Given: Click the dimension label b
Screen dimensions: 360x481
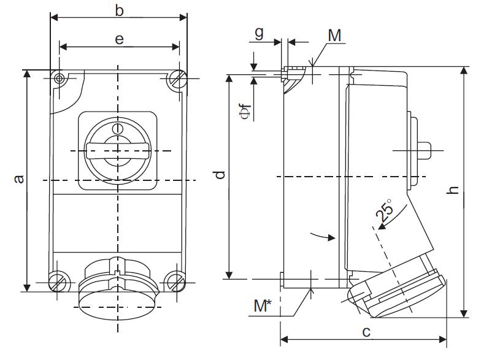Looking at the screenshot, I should (120, 10).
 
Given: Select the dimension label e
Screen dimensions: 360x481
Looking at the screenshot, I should (120, 39).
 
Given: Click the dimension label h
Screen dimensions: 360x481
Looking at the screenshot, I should (453, 190).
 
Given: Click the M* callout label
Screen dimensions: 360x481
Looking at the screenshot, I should (264, 305).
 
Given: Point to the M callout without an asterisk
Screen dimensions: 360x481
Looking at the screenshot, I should (334, 36).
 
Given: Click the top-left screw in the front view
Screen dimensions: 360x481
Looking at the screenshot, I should (60, 79).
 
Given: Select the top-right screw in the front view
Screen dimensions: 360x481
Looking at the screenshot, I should (179, 79).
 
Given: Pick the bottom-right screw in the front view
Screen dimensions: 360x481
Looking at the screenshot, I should (176, 281).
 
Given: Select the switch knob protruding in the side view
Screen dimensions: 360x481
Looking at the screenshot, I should (423, 149).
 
